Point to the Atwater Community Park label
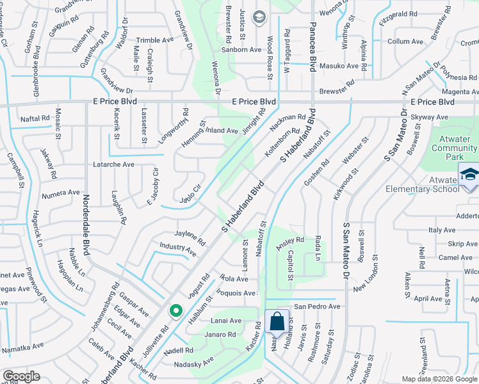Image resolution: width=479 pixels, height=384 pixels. click(454, 148)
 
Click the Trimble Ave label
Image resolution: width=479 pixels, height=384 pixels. click(155, 40)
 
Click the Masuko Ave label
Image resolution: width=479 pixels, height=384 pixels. click(339, 66)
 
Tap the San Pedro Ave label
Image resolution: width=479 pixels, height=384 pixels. click(317, 307)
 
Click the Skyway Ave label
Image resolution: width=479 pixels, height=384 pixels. click(429, 117)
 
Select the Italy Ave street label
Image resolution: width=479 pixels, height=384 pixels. click(442, 230)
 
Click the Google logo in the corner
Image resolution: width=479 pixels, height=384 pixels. click(21, 376)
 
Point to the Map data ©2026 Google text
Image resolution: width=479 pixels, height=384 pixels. click(439, 379)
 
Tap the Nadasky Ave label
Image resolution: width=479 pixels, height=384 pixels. click(194, 365)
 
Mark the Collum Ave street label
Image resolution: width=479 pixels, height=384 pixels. click(405, 42)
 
